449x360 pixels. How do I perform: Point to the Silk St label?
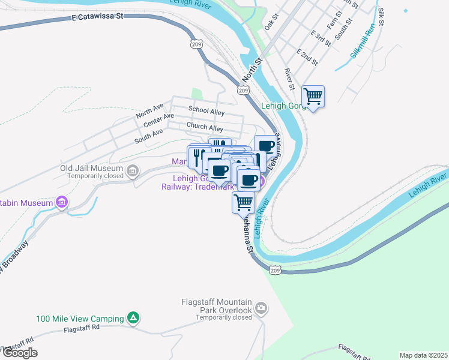coord(381,17)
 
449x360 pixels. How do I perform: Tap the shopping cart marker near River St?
coord(313,95)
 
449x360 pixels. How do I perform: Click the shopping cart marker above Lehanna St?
coord(243,202)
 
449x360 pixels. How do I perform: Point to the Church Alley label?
coord(205,127)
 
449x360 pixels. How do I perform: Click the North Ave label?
coord(149,110)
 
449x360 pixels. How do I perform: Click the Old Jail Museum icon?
coord(133,172)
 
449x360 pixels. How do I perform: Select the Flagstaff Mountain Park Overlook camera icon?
coord(261,309)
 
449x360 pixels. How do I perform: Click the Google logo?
coord(19,353)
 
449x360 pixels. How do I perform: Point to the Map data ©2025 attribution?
coord(423,355)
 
